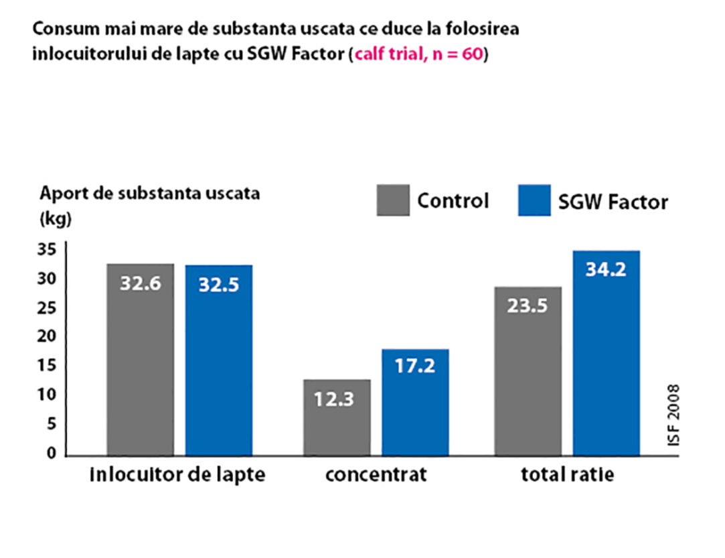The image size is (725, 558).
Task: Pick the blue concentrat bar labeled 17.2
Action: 415,402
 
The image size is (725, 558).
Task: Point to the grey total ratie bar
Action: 528,371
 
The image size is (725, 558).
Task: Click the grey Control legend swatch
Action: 392,200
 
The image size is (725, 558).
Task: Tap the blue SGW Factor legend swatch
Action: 534,200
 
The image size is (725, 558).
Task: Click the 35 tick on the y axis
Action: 52,250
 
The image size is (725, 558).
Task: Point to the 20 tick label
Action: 52,337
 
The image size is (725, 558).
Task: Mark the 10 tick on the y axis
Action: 52,395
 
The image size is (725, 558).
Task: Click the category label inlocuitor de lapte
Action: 177,475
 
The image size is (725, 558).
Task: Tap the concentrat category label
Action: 376,476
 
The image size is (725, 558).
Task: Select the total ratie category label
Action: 568,475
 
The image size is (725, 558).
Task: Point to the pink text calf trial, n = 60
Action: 418,54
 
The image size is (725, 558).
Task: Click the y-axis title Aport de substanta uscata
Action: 149,194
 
